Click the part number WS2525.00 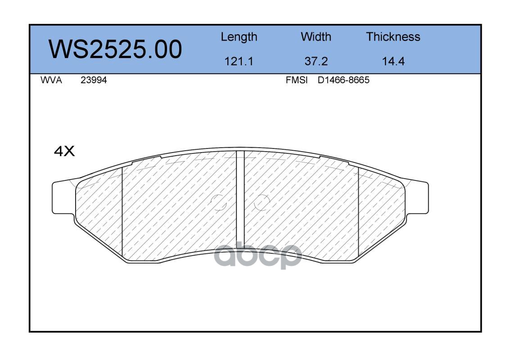pyautogui.click(x=115, y=49)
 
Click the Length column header pyautogui.click(x=239, y=37)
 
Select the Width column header pyautogui.click(x=316, y=37)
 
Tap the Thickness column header pyautogui.click(x=393, y=37)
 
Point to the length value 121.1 pyautogui.click(x=239, y=61)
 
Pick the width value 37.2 pyautogui.click(x=316, y=61)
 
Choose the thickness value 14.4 pyautogui.click(x=393, y=61)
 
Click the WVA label pyautogui.click(x=51, y=80)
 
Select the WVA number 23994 pyautogui.click(x=94, y=80)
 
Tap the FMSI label pyautogui.click(x=297, y=80)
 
